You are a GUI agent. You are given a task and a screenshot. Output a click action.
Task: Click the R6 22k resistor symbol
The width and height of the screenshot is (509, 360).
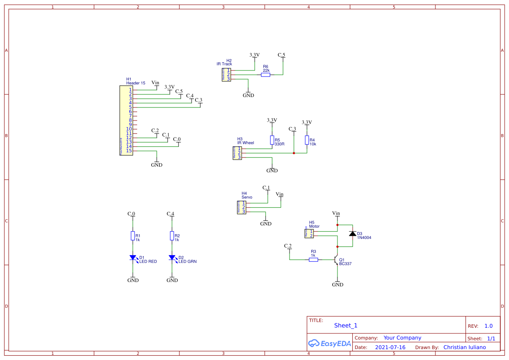pos(266,75)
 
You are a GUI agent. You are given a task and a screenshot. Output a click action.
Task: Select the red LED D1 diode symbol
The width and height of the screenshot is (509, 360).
pos(133,258)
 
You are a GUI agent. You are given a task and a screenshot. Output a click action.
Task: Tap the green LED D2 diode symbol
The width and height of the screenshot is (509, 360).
pos(172,258)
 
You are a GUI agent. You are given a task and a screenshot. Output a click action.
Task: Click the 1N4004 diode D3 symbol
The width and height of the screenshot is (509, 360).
pos(352,234)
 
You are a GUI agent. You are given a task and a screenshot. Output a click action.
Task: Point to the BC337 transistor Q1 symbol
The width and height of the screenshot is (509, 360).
pos(336,260)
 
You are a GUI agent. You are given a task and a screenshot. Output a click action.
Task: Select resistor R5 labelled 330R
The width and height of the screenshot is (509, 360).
pos(272,140)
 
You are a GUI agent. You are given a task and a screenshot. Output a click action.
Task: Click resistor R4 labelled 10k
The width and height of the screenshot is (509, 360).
pos(307,140)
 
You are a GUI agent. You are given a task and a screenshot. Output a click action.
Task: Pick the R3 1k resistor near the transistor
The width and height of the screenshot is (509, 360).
pos(313,260)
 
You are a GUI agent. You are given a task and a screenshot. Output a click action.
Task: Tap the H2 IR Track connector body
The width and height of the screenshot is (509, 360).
pos(226,75)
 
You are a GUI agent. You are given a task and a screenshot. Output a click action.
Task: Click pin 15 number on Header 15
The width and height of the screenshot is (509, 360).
pos(129,151)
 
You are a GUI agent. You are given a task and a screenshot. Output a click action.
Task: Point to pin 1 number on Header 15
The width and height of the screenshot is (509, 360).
pos(130,90)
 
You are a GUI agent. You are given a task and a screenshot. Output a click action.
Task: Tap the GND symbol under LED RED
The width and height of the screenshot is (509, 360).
pos(133,279)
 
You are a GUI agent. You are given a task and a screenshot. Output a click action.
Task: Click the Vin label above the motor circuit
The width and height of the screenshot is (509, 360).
pos(336,213)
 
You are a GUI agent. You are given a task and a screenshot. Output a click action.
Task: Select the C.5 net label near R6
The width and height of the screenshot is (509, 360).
pos(282,55)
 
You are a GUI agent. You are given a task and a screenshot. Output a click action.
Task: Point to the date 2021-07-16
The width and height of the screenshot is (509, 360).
pos(390,347)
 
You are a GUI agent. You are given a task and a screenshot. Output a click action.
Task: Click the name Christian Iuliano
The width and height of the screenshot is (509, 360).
pos(465,347)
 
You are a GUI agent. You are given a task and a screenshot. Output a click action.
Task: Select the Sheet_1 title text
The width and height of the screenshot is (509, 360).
pos(346,326)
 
